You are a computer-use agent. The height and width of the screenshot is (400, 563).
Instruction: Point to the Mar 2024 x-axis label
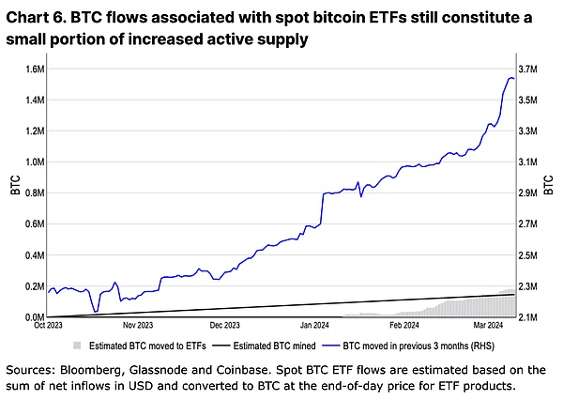(489, 327)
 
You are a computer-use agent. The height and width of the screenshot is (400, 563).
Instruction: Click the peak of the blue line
(510, 78)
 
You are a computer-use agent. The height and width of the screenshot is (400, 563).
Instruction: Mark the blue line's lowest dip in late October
(96, 311)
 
